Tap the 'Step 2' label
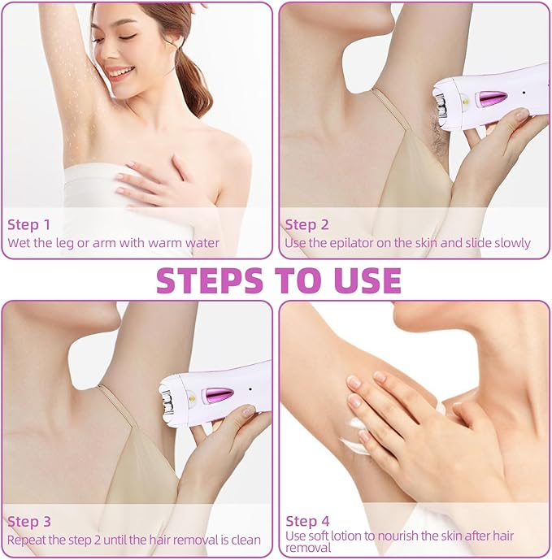(x=306, y=224)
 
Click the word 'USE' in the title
(x=367, y=280)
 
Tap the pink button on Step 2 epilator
(x=493, y=98)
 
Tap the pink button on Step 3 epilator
(x=219, y=395)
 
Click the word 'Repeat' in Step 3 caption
(x=27, y=540)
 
